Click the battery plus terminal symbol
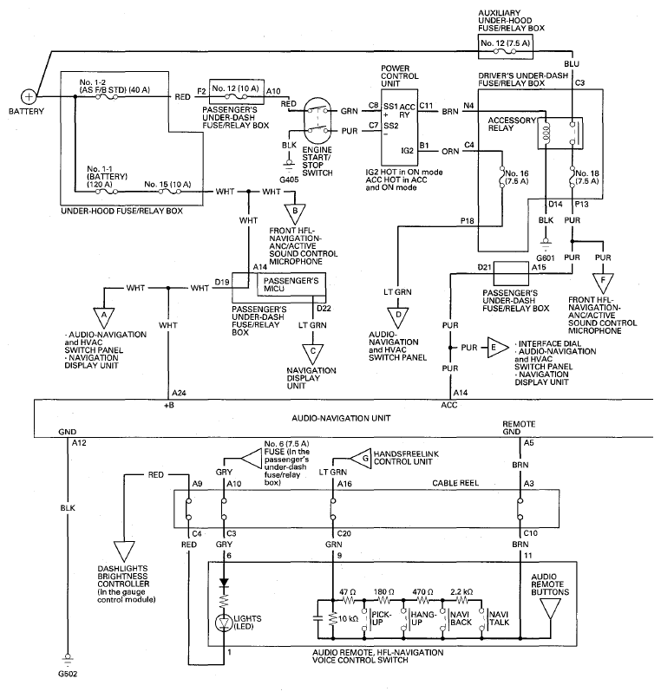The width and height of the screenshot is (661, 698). point(29,96)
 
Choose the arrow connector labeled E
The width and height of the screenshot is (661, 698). point(497,348)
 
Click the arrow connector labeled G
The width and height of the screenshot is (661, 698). point(360,458)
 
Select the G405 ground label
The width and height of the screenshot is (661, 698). point(289,179)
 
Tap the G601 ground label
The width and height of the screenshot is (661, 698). point(545,258)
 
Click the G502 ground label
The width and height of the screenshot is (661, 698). point(68,674)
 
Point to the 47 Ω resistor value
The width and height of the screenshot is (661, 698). point(348,592)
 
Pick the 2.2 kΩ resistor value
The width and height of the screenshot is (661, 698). point(461,592)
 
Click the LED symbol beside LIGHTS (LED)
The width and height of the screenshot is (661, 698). point(224,623)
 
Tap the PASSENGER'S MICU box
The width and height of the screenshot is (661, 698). point(291,284)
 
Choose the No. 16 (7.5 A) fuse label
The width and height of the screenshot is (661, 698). point(516,177)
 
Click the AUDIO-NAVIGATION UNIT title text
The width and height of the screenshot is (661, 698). point(341,418)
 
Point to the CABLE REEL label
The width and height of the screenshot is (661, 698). point(455,483)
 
